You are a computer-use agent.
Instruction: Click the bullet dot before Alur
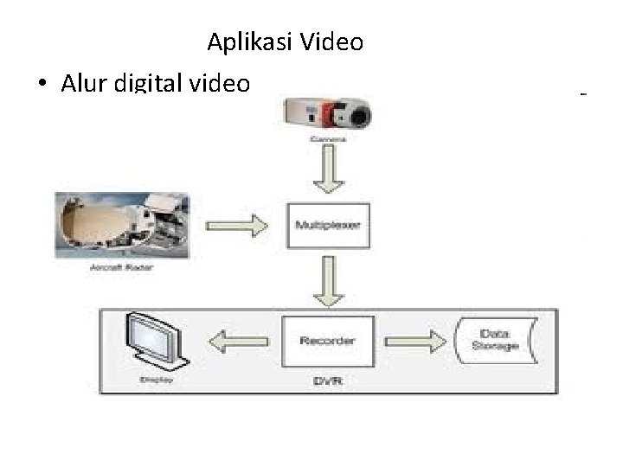(42, 84)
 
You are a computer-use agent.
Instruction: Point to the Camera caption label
(328, 139)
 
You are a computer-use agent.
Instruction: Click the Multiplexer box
(329, 226)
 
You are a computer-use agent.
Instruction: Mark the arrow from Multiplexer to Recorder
(328, 282)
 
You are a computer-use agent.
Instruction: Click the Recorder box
(327, 342)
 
